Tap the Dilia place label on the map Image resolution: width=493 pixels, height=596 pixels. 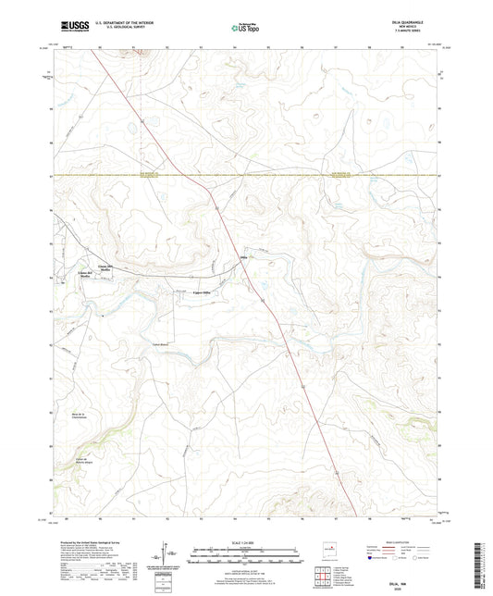(245, 256)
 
